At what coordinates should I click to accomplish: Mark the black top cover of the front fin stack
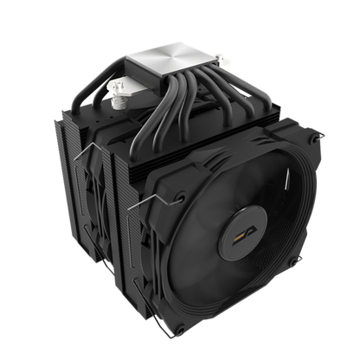pyautogui.click(x=234, y=138)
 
